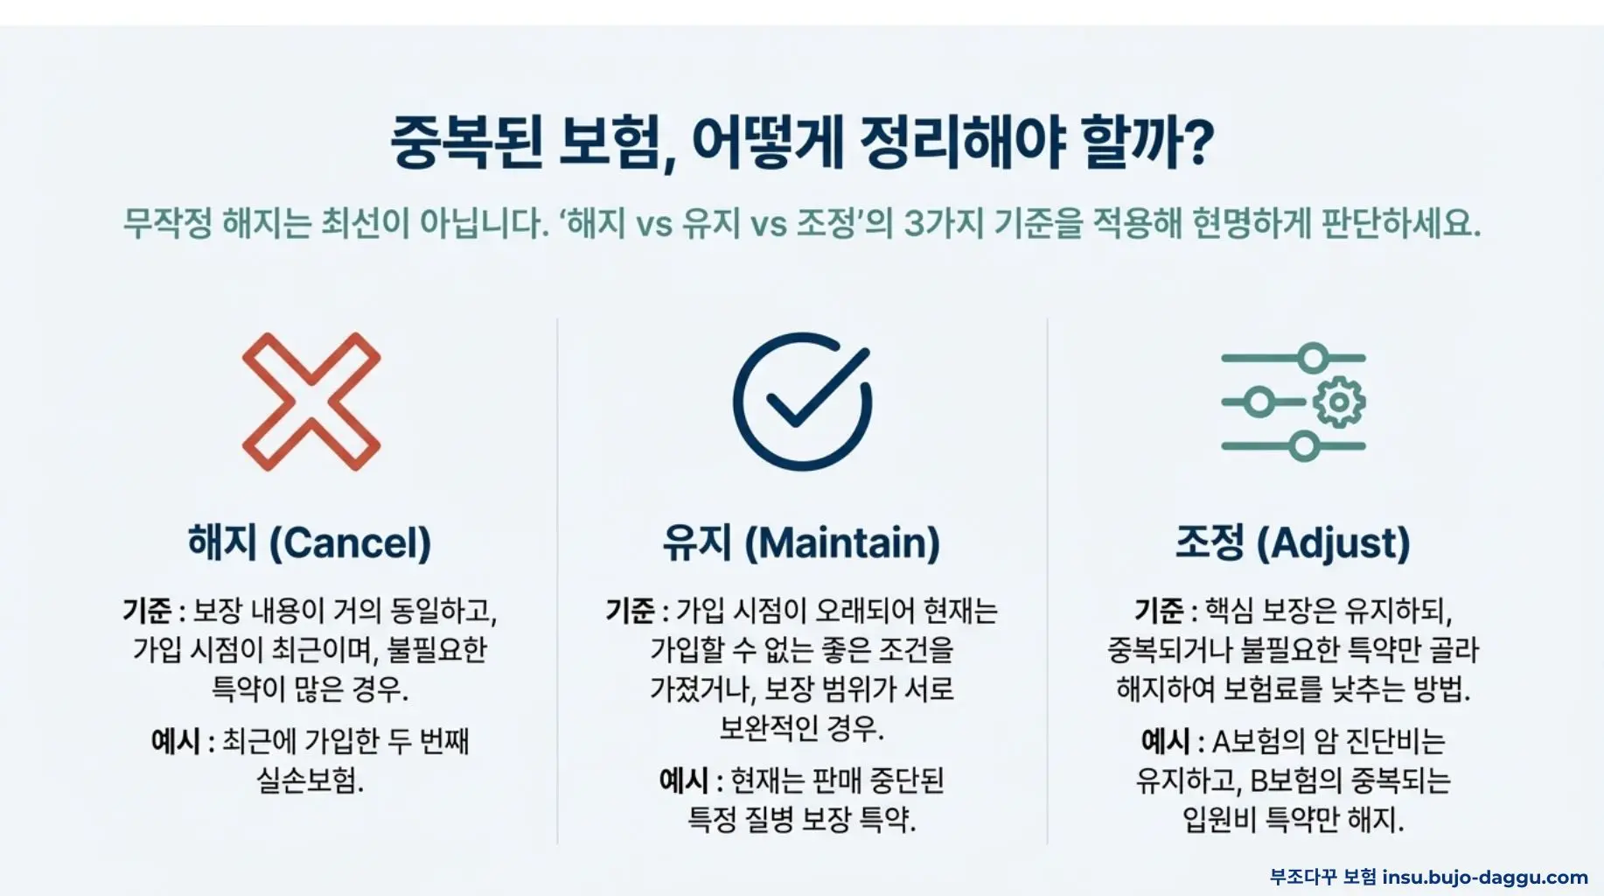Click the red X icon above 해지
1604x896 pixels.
[311, 402]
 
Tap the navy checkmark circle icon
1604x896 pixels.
[802, 402]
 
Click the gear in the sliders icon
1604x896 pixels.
[1338, 402]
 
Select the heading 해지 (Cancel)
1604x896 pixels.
[310, 542]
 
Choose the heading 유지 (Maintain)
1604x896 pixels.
[801, 542]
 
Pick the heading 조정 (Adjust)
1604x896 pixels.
[1293, 542]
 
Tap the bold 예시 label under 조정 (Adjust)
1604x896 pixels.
[1166, 742]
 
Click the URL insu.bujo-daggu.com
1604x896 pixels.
[1485, 877]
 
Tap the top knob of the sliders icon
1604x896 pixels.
[1312, 358]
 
